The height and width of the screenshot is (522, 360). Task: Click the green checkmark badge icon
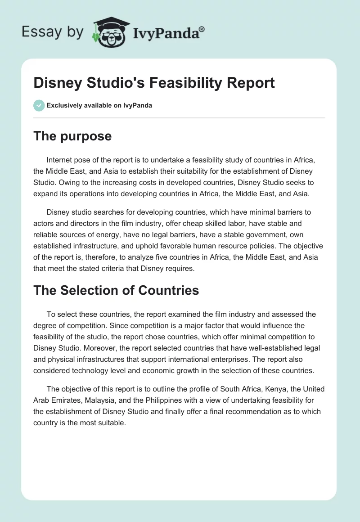pos(39,105)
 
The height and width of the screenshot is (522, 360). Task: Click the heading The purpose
pos(72,136)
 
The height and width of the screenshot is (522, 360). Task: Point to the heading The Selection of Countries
pos(116,290)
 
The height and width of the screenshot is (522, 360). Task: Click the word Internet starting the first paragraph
pos(62,160)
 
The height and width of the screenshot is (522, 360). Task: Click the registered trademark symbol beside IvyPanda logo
pos(202,29)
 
